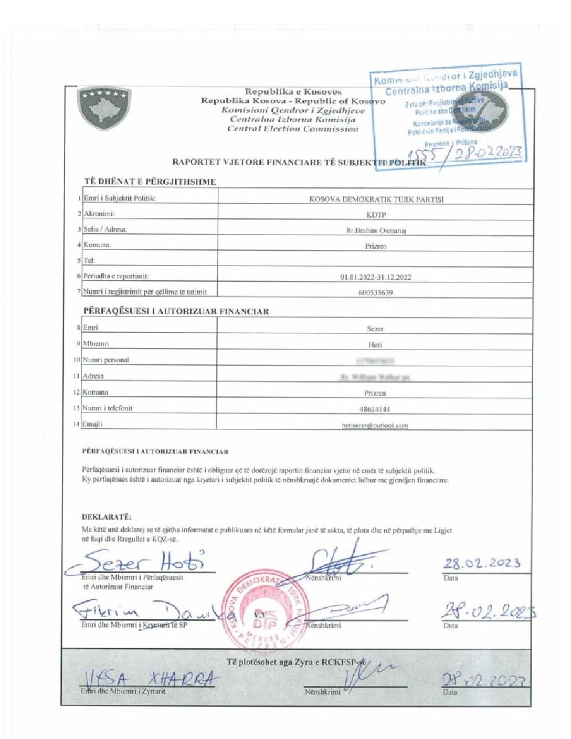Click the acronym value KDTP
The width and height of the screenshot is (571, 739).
pyautogui.click(x=376, y=215)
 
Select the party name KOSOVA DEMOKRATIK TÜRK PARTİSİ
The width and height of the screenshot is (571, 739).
pyautogui.click(x=376, y=199)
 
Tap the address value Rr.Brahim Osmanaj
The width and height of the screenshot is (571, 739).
pyautogui.click(x=376, y=230)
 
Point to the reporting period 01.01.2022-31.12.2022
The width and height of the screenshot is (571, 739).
pyautogui.click(x=376, y=277)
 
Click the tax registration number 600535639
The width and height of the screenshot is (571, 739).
pyautogui.click(x=376, y=293)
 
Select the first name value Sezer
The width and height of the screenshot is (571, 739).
pyautogui.click(x=375, y=329)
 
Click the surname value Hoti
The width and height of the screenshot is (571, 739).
pyautogui.click(x=375, y=345)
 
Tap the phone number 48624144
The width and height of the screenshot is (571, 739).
pyautogui.click(x=375, y=409)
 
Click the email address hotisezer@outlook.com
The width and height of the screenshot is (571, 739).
pyautogui.click(x=375, y=426)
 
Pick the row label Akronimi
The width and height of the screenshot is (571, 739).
pyautogui.click(x=99, y=214)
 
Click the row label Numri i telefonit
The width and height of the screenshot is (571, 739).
pyautogui.click(x=108, y=408)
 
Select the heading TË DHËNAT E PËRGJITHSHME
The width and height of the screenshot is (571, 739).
pyautogui.click(x=150, y=182)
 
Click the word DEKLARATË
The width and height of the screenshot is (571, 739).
pyautogui.click(x=107, y=516)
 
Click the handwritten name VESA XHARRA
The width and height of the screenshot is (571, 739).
pyautogui.click(x=150, y=679)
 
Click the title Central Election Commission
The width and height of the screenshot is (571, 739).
pyautogui.click(x=293, y=129)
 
